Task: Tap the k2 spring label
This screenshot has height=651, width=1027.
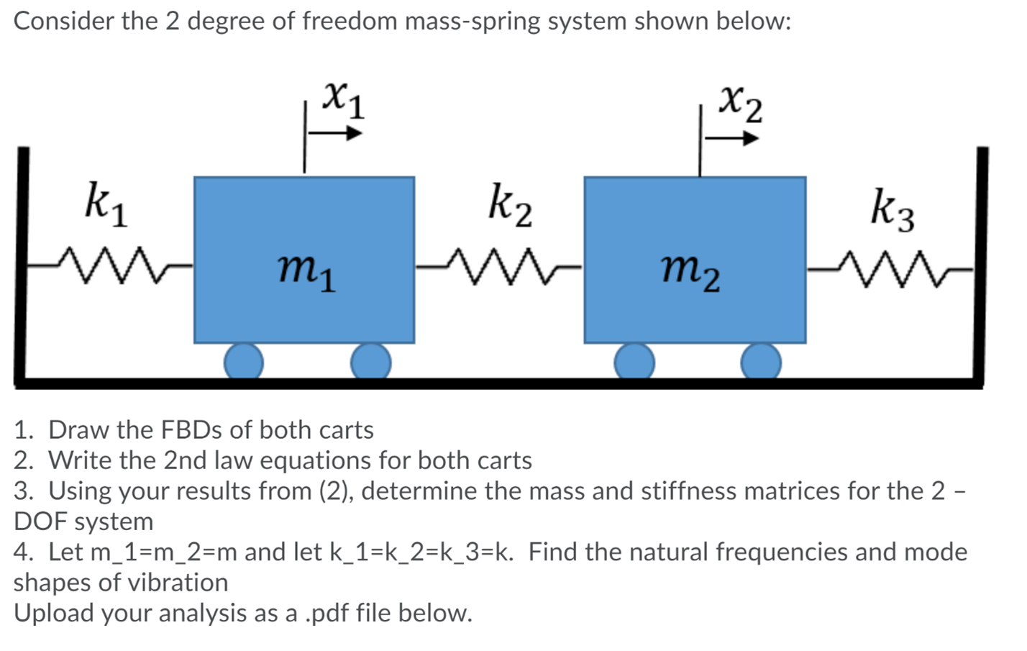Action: pyautogui.click(x=510, y=205)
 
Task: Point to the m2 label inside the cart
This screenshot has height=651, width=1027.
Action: pyautogui.click(x=690, y=272)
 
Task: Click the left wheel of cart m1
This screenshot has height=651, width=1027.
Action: pyautogui.click(x=243, y=361)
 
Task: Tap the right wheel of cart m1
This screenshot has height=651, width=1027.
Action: pyautogui.click(x=370, y=361)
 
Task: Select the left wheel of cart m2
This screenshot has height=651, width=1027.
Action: pyautogui.click(x=634, y=361)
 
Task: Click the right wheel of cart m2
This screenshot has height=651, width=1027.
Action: pyautogui.click(x=761, y=361)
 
